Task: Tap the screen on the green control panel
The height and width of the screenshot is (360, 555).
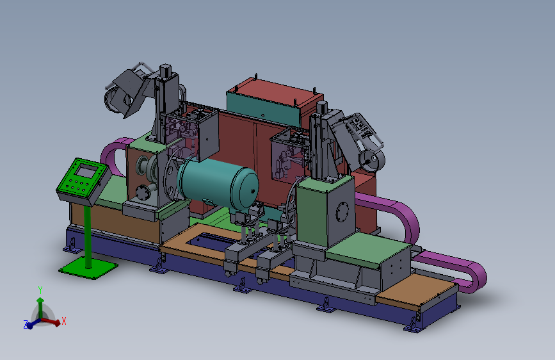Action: pyautogui.click(x=86, y=172)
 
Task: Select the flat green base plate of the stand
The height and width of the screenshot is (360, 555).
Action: pyautogui.click(x=88, y=268)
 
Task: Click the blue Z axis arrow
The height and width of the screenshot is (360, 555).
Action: pyautogui.click(x=34, y=323)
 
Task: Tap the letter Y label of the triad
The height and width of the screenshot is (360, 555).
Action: pyautogui.click(x=40, y=290)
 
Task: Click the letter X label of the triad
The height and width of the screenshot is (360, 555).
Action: pyautogui.click(x=64, y=321)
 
